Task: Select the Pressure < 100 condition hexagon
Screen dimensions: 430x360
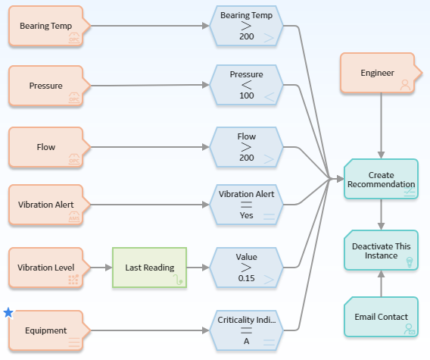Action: point(246,85)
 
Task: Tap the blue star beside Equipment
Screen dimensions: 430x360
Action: point(8,312)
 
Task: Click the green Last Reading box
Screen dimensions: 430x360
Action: point(149,268)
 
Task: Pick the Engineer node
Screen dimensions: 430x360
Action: point(381,73)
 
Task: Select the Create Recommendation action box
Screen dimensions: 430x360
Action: point(382,179)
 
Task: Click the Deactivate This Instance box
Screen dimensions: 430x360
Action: point(382,250)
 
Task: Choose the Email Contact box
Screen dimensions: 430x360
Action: point(382,317)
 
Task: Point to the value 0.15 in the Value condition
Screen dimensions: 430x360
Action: point(246,278)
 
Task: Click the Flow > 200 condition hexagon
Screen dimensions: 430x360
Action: point(246,147)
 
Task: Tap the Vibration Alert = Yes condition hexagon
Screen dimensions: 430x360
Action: point(246,205)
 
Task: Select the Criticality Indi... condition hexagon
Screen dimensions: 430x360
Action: point(246,330)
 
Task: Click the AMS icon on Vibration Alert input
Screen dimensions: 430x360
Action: point(74,217)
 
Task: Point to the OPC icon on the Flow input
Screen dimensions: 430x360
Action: point(74,158)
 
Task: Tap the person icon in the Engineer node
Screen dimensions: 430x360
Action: point(405,85)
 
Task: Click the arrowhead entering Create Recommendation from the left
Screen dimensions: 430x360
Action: point(341,179)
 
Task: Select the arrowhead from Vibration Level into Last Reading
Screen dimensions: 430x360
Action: point(108,268)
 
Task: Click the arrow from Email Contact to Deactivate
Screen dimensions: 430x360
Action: point(382,283)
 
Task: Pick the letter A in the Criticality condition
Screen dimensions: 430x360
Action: point(246,341)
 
